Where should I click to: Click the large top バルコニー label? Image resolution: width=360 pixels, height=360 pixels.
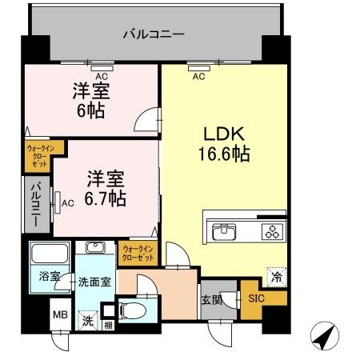[x=154, y=34]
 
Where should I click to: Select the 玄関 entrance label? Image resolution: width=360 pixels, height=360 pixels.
[x=210, y=300]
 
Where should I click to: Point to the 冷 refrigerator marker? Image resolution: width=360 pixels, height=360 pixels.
[x=276, y=277]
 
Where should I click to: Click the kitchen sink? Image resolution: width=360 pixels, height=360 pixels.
[x=224, y=232]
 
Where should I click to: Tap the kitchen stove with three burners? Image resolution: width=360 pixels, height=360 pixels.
[x=272, y=232]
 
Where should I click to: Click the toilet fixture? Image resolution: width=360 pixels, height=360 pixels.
[x=130, y=309]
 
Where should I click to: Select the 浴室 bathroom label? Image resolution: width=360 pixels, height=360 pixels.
[x=50, y=277]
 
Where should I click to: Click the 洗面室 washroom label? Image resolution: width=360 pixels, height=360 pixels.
[x=94, y=282]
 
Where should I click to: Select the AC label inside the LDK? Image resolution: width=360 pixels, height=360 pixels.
[x=198, y=77]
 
